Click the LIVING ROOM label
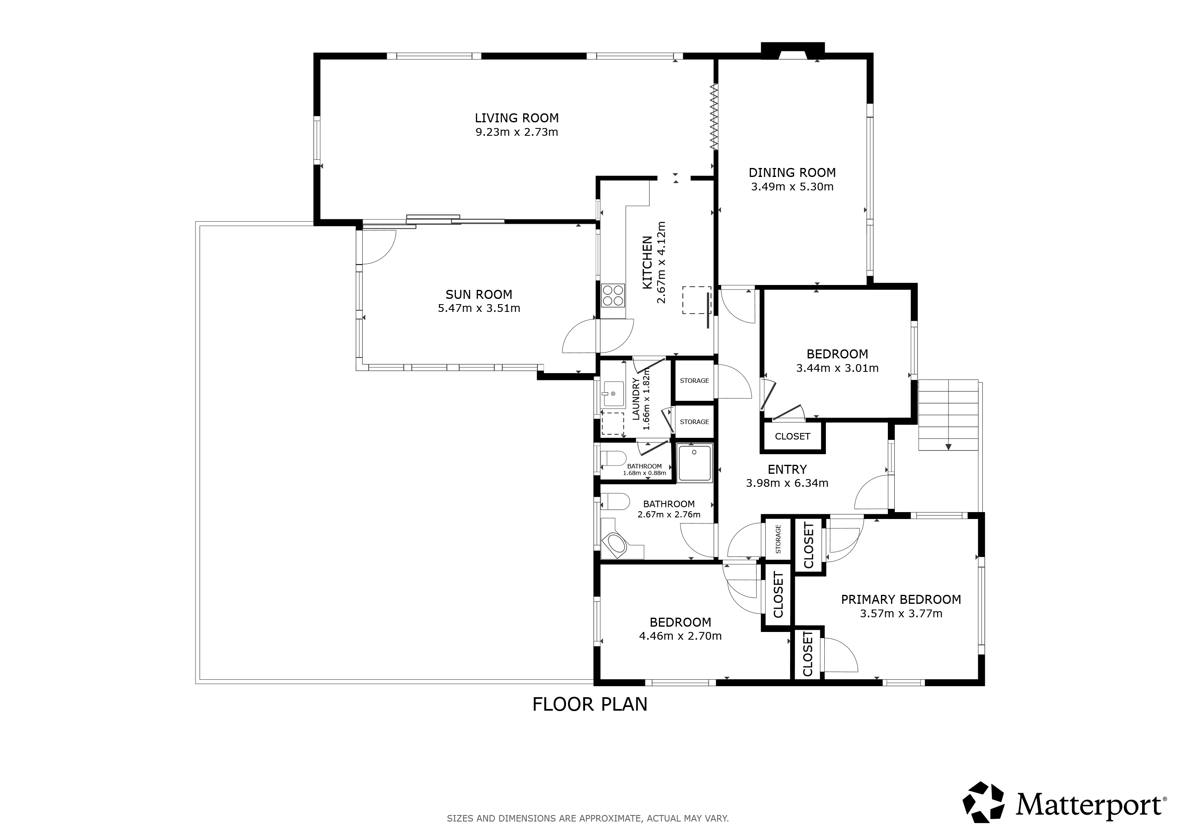(x=517, y=118)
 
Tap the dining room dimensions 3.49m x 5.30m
(x=792, y=187)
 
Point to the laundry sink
(x=613, y=394)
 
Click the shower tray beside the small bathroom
(x=694, y=463)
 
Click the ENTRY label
(x=787, y=469)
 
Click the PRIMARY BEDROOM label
(x=901, y=599)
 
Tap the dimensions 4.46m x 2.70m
(x=680, y=636)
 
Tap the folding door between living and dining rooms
(x=714, y=117)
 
